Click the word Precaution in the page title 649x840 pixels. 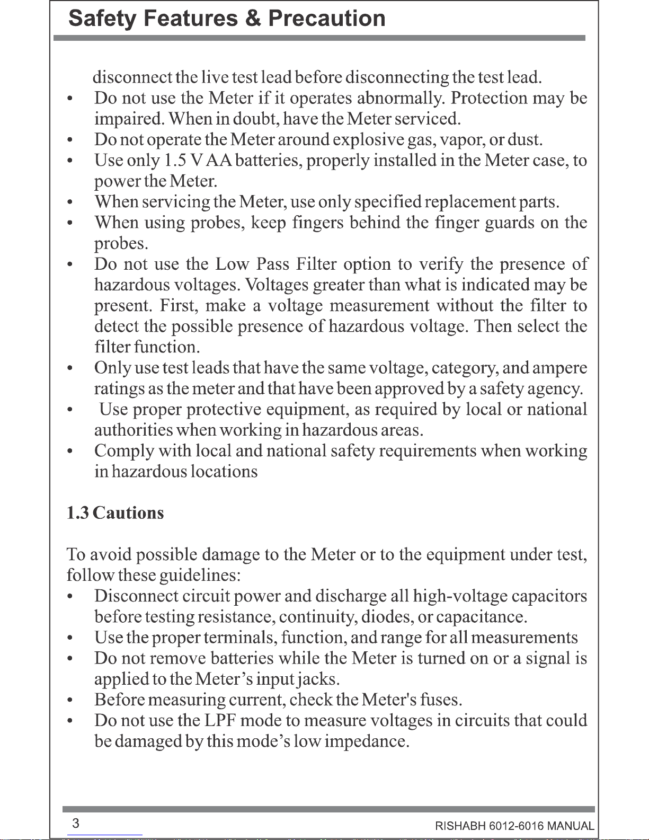coord(327,19)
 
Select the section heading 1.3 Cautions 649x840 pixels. coord(115,513)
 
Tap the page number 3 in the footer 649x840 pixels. coord(76,823)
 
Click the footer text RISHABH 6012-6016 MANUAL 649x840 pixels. coord(514,826)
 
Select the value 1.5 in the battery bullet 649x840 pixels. coord(175,161)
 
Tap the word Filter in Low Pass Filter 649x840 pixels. coord(316,264)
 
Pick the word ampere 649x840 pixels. coord(561,368)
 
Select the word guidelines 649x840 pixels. coord(200,576)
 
